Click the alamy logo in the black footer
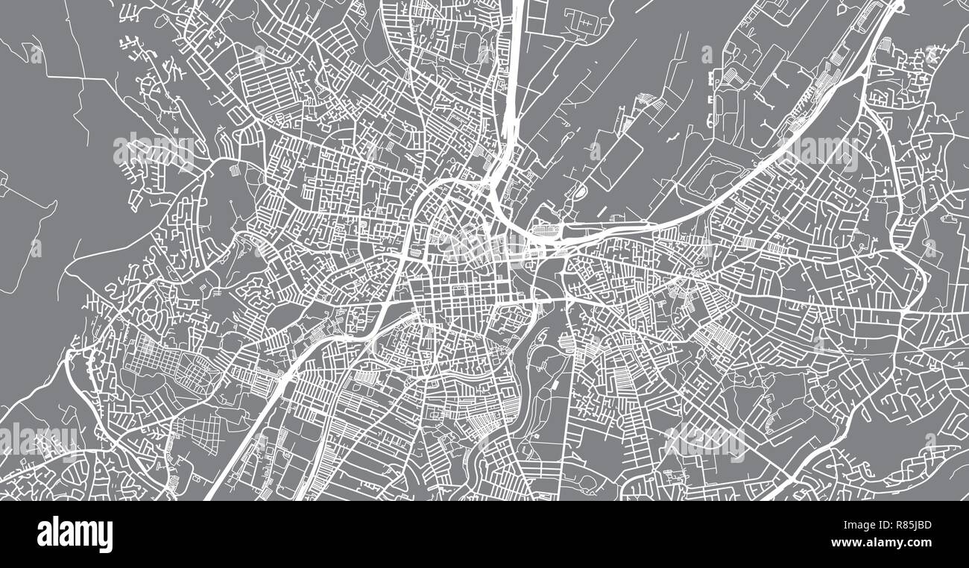point(75,534)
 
